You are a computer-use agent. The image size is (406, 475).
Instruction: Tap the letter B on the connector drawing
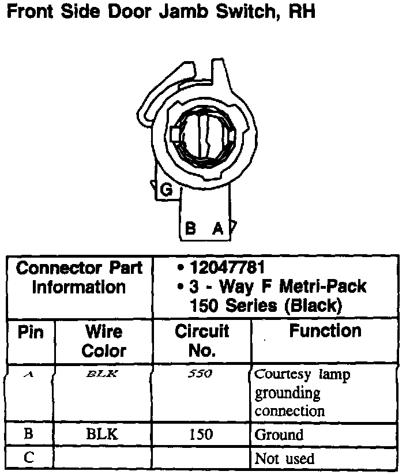191,229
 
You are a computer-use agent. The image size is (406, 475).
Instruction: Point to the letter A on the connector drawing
217,229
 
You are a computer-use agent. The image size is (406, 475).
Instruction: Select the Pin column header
31,332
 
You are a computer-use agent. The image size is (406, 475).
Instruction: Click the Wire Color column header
104,341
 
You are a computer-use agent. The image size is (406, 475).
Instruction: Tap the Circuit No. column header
202,341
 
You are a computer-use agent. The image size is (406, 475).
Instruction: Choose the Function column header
325,331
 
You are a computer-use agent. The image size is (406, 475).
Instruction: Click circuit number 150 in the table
201,434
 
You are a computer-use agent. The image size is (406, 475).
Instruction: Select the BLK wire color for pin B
102,434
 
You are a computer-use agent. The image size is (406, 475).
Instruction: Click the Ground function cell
279,435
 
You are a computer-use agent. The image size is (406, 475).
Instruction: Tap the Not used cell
285,459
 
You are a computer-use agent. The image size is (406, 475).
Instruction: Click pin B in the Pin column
29,434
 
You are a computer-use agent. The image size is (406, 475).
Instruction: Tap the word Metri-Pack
326,286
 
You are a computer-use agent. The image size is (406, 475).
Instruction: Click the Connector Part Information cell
80,277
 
